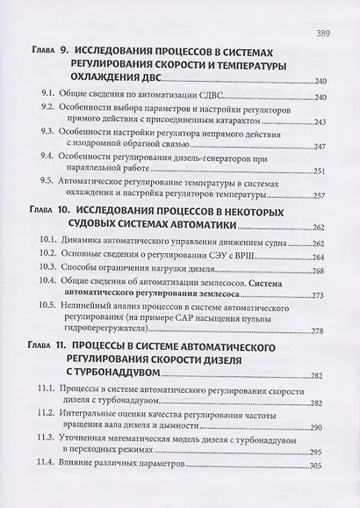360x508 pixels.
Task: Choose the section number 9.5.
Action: pyautogui.click(x=48, y=187)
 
